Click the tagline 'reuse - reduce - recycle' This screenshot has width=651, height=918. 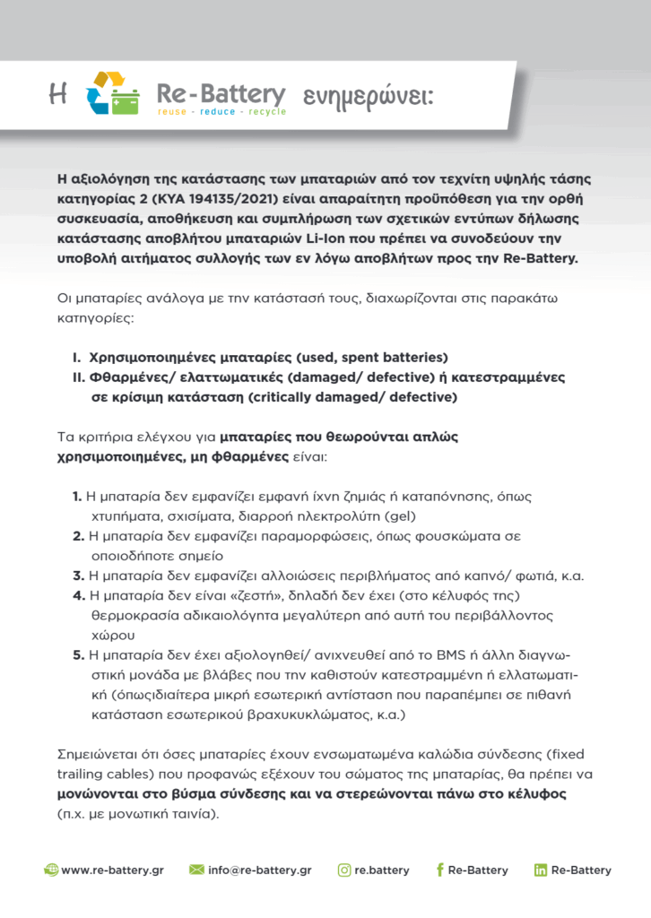click(x=221, y=112)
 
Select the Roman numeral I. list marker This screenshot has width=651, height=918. click(x=78, y=357)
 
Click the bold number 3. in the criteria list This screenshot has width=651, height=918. click(x=78, y=576)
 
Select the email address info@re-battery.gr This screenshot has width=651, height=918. click(x=259, y=870)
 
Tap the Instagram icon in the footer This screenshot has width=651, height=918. click(x=344, y=870)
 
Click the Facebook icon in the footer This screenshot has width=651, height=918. click(x=439, y=870)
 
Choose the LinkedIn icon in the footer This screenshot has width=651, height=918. click(x=541, y=870)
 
